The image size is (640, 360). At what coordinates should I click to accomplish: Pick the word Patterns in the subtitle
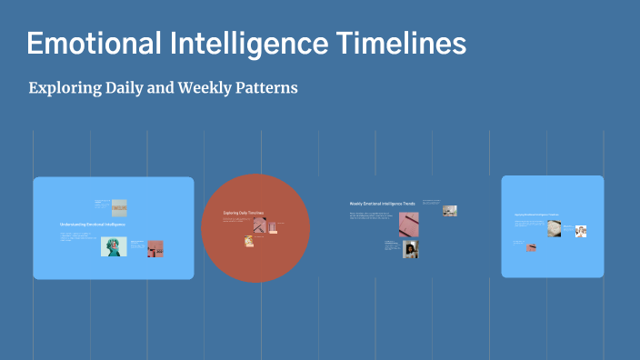click(266, 88)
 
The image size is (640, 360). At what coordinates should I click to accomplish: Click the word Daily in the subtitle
click(126, 88)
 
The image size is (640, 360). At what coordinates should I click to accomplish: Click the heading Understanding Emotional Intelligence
click(92, 224)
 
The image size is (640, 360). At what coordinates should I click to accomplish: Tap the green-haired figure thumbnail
click(114, 246)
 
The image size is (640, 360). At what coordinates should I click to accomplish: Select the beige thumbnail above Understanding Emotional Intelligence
click(119, 207)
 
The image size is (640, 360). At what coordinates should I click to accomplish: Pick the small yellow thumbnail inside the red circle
click(248, 241)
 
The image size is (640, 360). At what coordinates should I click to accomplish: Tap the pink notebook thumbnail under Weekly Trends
click(408, 225)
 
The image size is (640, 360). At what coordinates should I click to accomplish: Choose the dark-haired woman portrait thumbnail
click(411, 249)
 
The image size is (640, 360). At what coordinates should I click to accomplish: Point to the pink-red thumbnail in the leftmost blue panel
click(155, 247)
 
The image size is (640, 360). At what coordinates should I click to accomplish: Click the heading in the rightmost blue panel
click(536, 215)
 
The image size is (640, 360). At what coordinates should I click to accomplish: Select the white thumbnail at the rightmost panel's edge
click(581, 231)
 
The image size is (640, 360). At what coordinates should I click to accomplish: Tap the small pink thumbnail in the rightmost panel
click(532, 245)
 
